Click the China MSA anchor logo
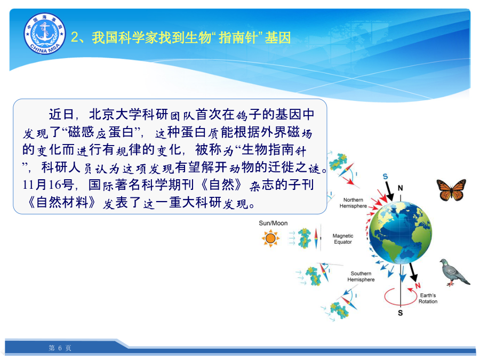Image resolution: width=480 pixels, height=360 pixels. tap(45, 34)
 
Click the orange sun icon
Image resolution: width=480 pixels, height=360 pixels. tap(270, 238)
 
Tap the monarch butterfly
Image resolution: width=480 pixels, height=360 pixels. tap(451, 190)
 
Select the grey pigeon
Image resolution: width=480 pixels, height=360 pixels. tap(454, 272)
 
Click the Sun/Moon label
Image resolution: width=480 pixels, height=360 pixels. tap(273, 223)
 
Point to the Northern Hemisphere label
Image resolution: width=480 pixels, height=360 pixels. tap(353, 203)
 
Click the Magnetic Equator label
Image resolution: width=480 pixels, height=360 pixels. tap(343, 239)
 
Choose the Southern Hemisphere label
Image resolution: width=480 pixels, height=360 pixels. tap(361, 276)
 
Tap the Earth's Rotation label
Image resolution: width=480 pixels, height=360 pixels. tap(428, 298)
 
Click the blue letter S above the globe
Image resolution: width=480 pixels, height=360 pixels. tap(385, 177)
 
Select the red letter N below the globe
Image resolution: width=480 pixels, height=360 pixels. tap(418, 286)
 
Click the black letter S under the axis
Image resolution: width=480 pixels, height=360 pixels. tap(401, 313)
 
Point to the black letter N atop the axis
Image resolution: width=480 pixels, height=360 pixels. tap(400, 188)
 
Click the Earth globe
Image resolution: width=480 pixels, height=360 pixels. tap(401, 233)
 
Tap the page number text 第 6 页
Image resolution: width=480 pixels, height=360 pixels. tap(60, 348)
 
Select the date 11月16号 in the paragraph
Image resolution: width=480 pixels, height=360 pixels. tap(48, 185)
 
